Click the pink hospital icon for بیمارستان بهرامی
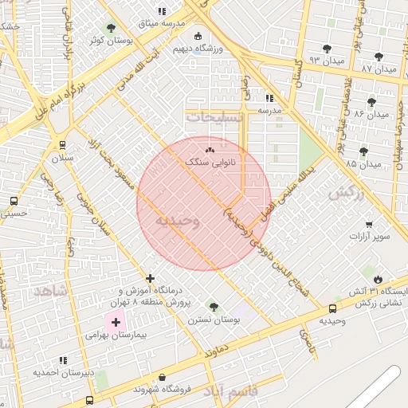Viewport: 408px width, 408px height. (116, 323)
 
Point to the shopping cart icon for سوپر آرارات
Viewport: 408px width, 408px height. (368, 224)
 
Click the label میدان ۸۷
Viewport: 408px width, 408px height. (378, 69)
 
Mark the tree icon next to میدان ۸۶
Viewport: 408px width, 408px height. (371, 102)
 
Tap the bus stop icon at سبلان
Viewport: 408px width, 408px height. (62, 144)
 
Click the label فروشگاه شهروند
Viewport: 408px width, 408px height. (163, 390)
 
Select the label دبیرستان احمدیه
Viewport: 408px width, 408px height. (63, 373)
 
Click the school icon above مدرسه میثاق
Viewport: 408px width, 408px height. (162, 11)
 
